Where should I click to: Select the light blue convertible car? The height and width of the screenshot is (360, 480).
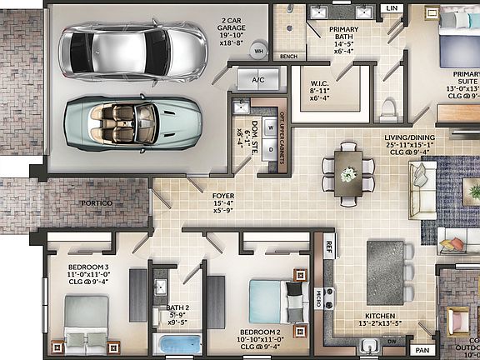tap(132, 122)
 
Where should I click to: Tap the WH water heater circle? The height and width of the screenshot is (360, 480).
tap(258, 51)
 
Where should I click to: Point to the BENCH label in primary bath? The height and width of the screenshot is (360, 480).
tap(289, 57)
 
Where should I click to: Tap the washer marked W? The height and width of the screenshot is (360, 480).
tap(271, 127)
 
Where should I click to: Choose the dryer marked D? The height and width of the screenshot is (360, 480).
tap(271, 151)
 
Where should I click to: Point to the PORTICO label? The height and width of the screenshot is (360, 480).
tap(97, 202)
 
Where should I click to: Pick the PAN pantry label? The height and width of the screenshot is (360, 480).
tap(422, 351)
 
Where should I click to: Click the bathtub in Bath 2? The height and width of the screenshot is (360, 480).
tap(179, 344)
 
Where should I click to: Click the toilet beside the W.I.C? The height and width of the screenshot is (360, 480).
tap(388, 109)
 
